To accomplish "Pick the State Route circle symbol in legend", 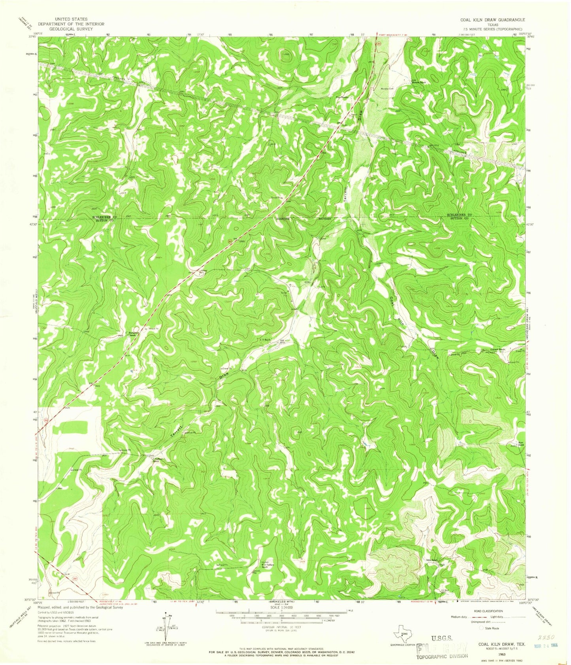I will (x=481, y=628).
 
